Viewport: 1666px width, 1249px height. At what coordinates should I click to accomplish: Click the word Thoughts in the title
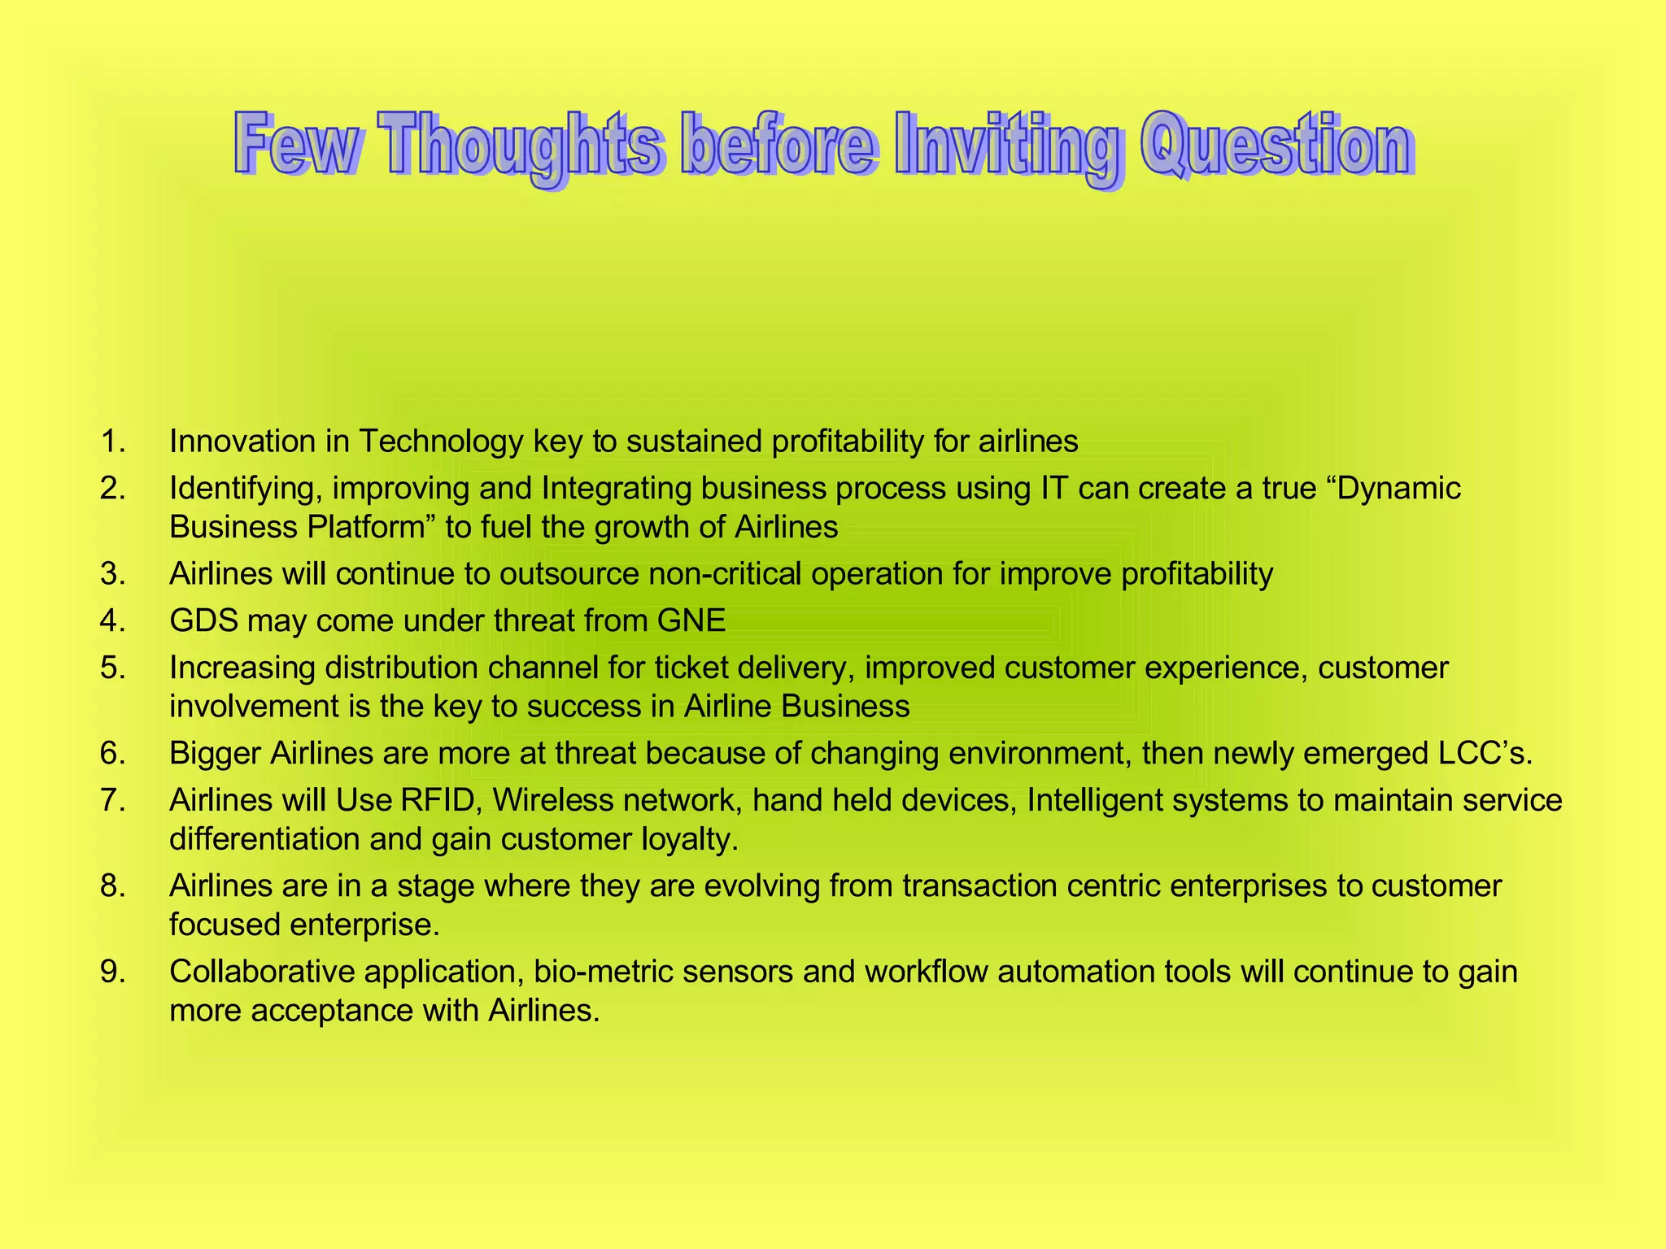tap(521, 146)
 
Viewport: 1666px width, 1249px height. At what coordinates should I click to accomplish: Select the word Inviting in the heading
tap(1009, 146)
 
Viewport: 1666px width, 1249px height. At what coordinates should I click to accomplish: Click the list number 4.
tap(113, 621)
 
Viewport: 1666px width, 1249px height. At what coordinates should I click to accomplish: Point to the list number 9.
tap(113, 972)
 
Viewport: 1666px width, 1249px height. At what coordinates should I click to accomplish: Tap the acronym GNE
tap(691, 621)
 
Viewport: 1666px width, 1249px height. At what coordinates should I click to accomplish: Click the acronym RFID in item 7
tap(438, 800)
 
